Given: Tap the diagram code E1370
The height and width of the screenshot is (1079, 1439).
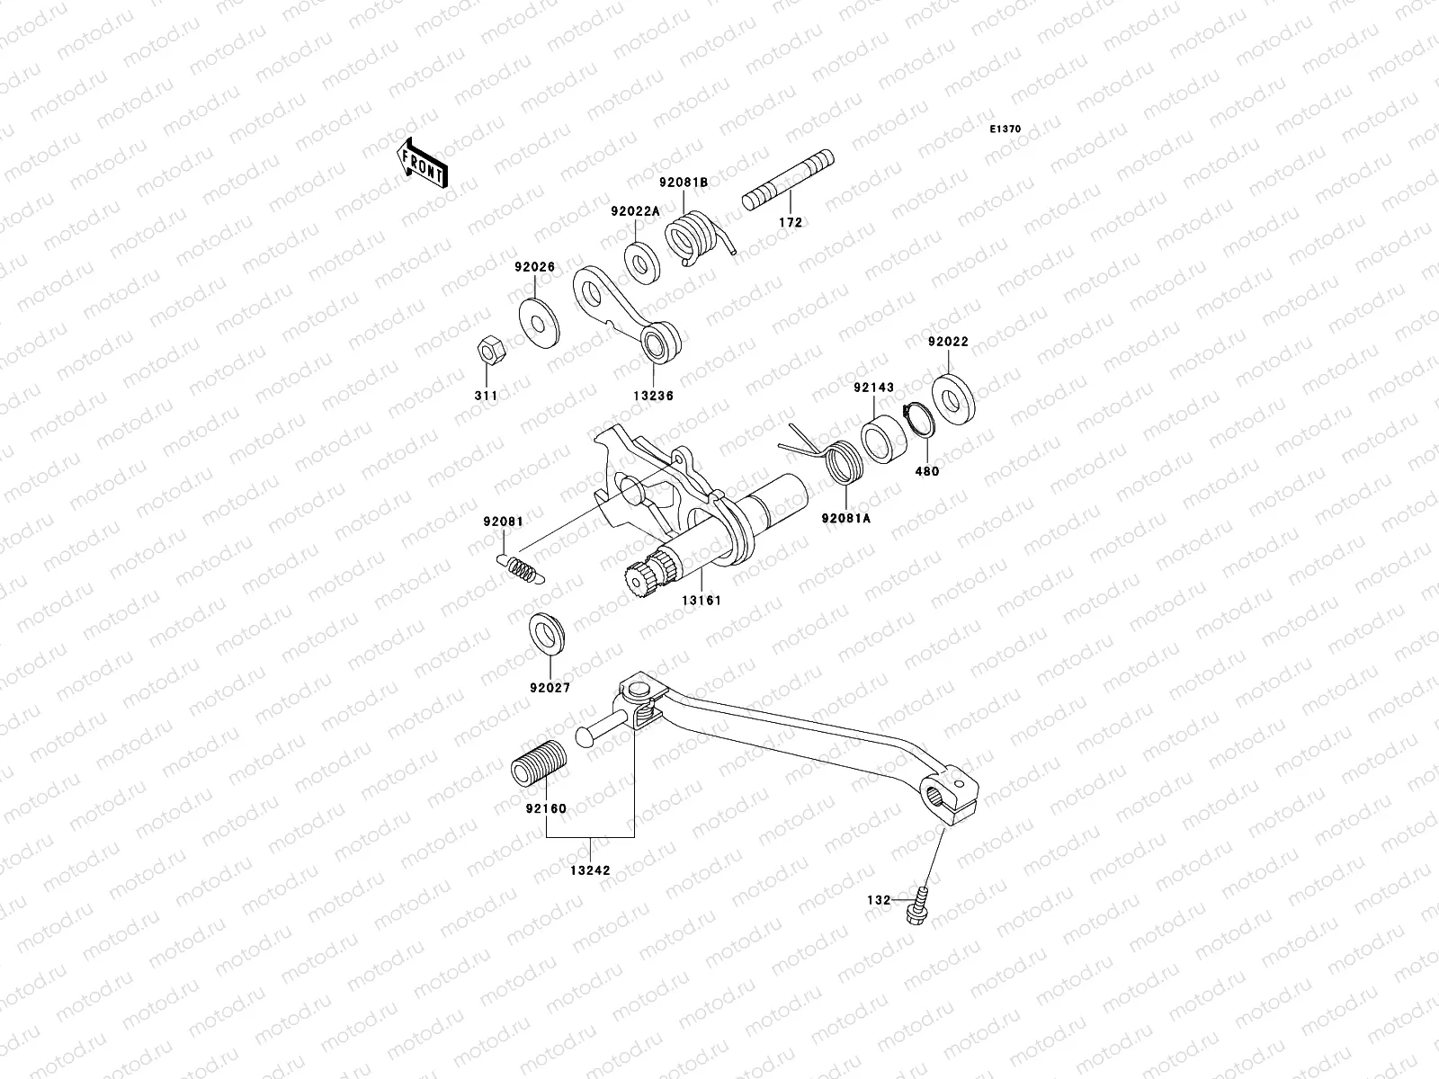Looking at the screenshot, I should (1006, 129).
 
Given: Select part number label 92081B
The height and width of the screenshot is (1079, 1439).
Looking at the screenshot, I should (684, 182).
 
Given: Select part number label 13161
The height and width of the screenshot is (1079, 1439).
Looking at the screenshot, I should (701, 599).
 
